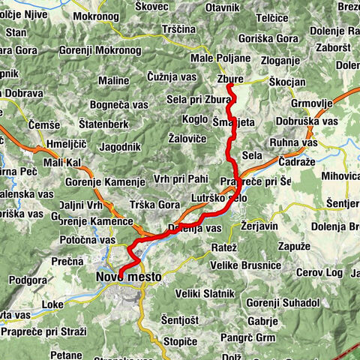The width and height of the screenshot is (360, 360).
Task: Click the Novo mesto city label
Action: point(128,277)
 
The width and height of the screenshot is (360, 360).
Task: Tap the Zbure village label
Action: point(229,78)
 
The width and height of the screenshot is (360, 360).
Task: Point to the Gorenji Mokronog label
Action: point(105,49)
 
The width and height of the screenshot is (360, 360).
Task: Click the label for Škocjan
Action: point(286,78)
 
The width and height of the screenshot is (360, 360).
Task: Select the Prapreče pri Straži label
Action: point(43,331)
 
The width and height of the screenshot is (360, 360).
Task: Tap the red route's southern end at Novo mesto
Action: point(119,272)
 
